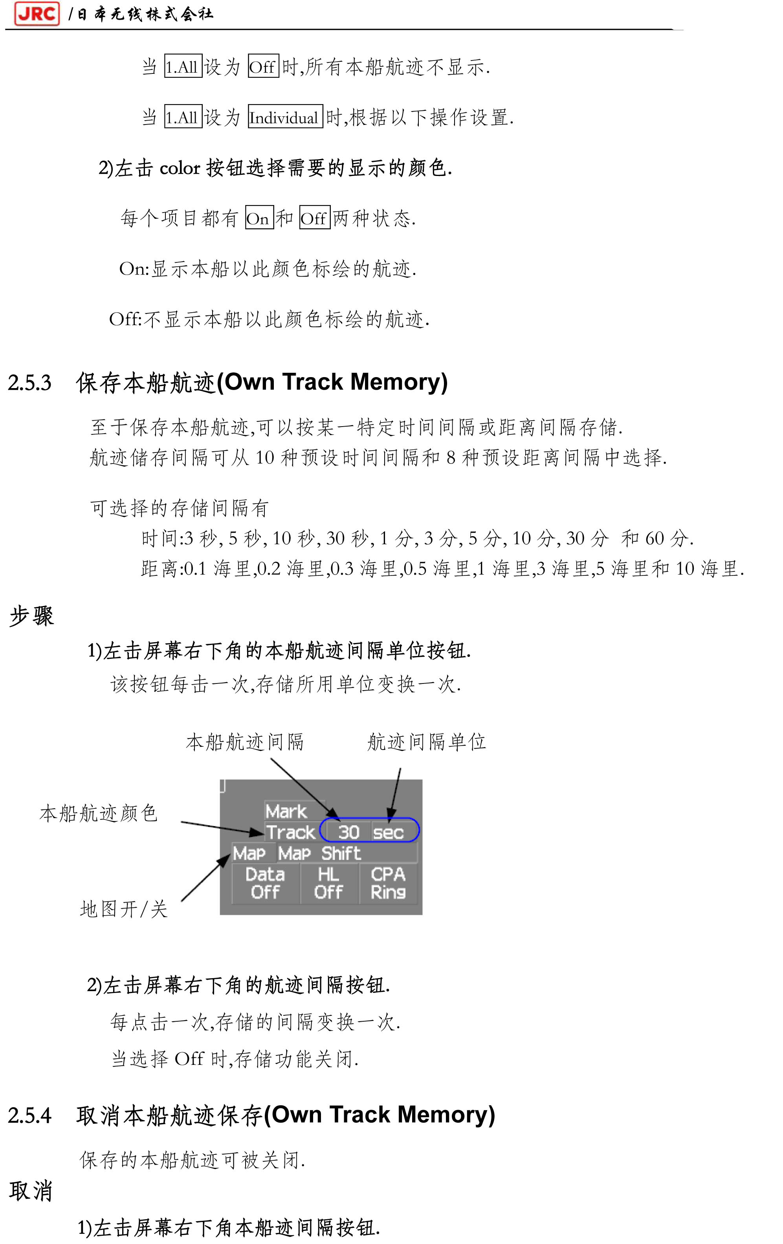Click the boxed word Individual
tap(285, 117)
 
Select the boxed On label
tap(259, 218)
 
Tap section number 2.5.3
tap(29, 383)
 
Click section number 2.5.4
tap(29, 1116)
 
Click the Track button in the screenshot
tap(290, 832)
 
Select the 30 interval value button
tap(348, 832)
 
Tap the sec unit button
tap(389, 832)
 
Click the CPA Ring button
tap(388, 883)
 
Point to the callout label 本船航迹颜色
tap(98, 813)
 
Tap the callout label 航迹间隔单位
tap(426, 742)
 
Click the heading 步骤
tap(31, 616)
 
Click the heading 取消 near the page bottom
tap(31, 1191)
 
